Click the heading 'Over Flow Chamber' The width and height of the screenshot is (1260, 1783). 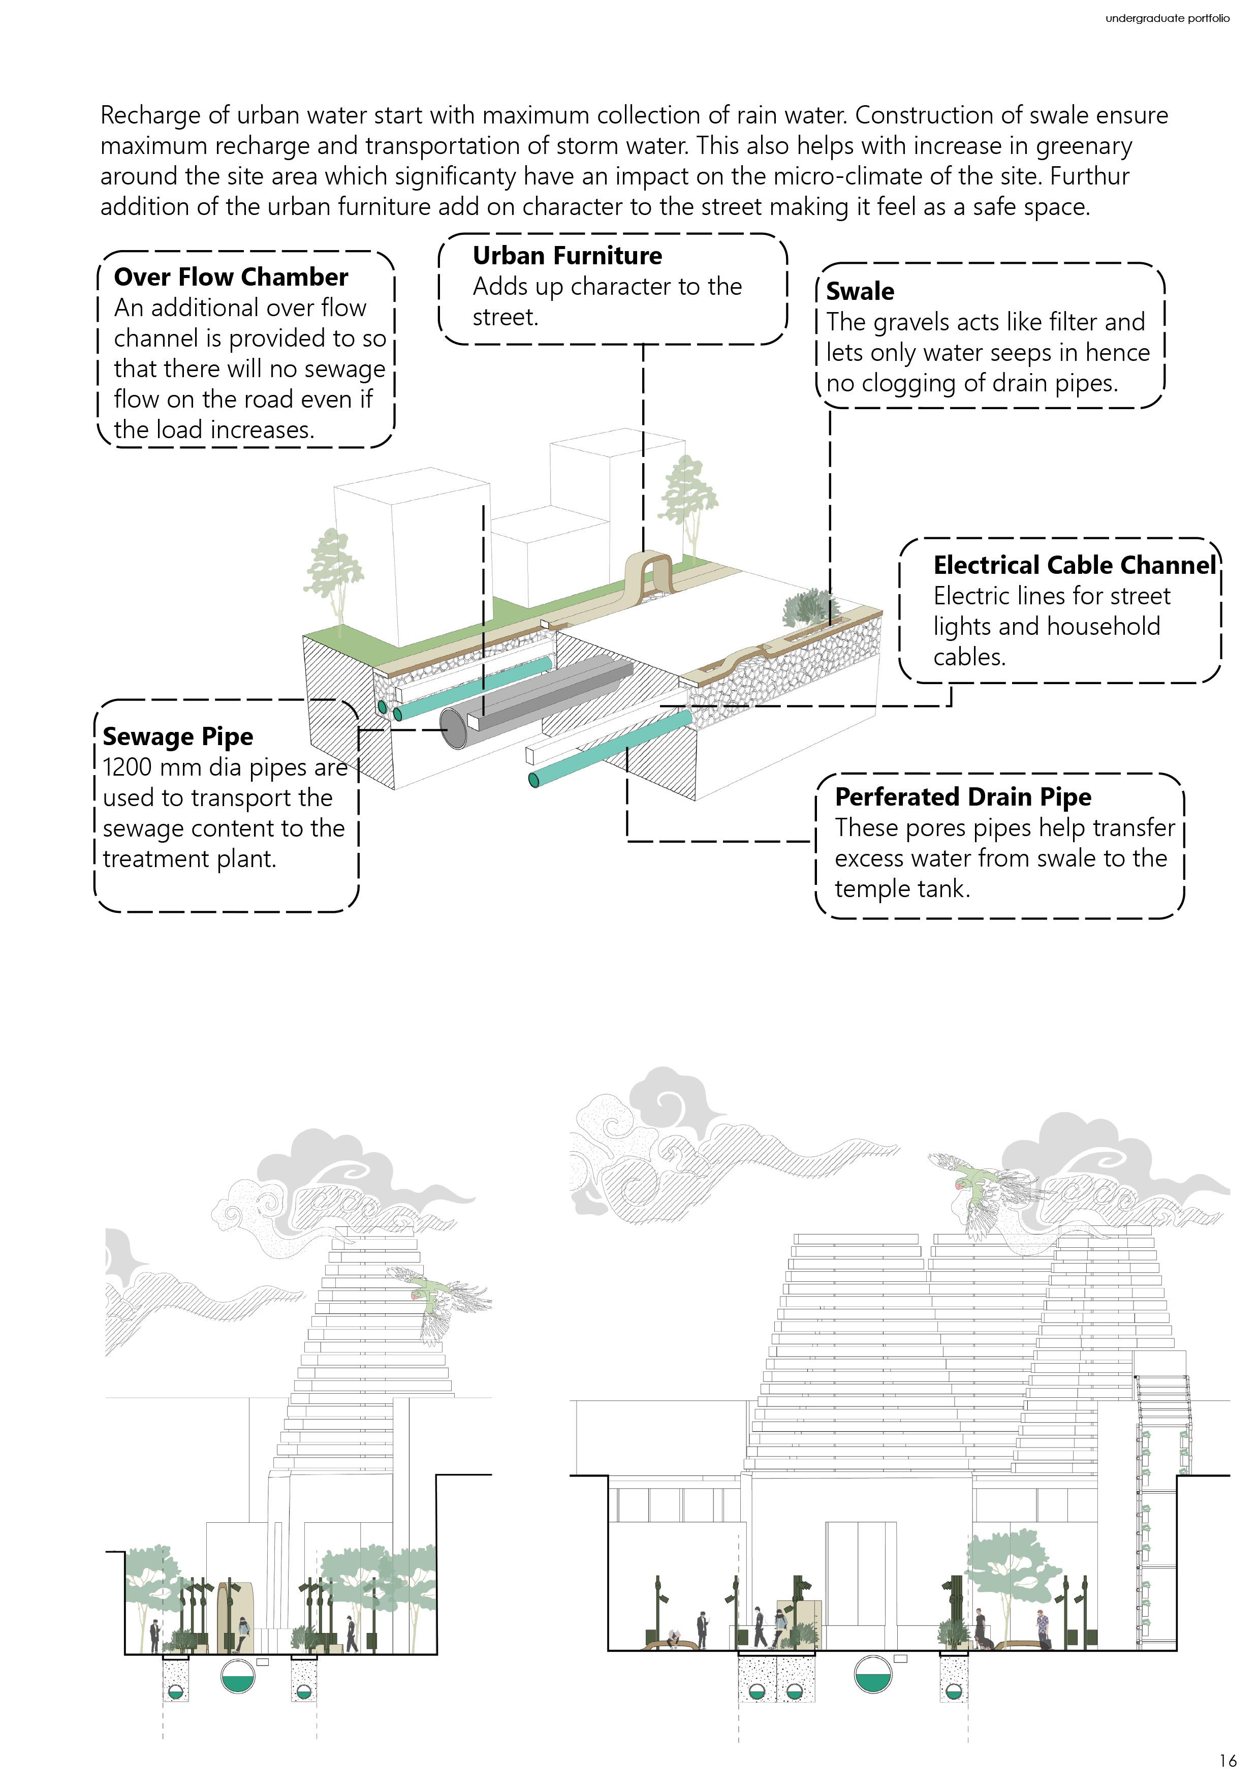pos(231,277)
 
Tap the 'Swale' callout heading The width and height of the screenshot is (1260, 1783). pos(860,291)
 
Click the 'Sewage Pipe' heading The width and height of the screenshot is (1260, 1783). pos(178,736)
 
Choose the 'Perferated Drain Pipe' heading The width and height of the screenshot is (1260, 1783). pos(963,797)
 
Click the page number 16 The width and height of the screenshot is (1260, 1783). pos(1227,1760)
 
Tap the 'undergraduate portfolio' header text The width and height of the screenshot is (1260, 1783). pos(1167,18)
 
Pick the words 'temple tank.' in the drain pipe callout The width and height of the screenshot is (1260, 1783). pos(902,888)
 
